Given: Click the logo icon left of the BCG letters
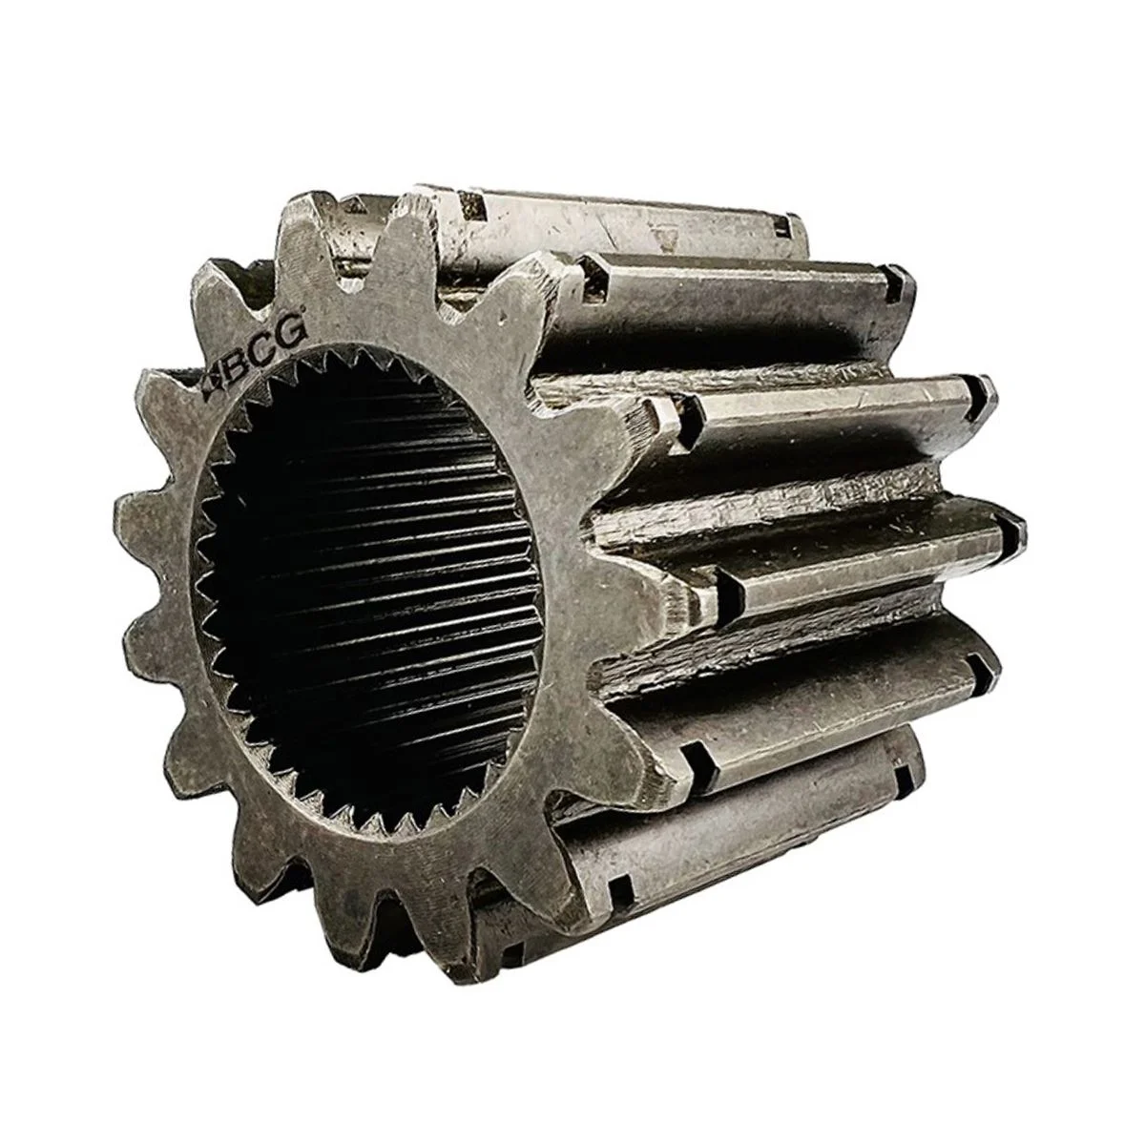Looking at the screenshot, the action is [213, 387].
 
